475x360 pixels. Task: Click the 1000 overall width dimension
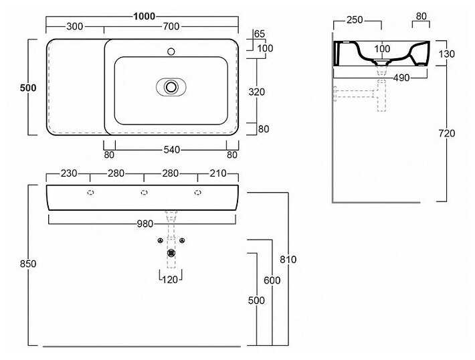click(x=145, y=16)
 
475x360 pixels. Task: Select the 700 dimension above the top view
click(x=171, y=27)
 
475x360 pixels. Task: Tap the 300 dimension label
click(x=75, y=27)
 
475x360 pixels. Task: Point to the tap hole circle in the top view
click(x=171, y=50)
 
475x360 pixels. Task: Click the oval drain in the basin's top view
click(x=171, y=86)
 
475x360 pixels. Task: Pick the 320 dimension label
click(x=257, y=92)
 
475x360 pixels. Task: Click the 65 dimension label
click(x=260, y=33)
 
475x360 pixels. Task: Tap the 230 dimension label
click(x=68, y=174)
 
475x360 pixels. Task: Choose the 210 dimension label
click(x=218, y=174)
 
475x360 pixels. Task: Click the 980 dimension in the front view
click(x=145, y=223)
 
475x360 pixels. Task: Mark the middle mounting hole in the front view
click(x=144, y=193)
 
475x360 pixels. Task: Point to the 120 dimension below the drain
click(x=171, y=280)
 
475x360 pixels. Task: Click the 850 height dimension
click(x=28, y=264)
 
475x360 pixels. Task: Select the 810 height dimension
click(x=288, y=259)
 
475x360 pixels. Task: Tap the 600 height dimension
click(x=272, y=280)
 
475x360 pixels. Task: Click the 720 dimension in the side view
click(x=446, y=133)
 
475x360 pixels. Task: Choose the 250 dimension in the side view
click(x=355, y=20)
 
